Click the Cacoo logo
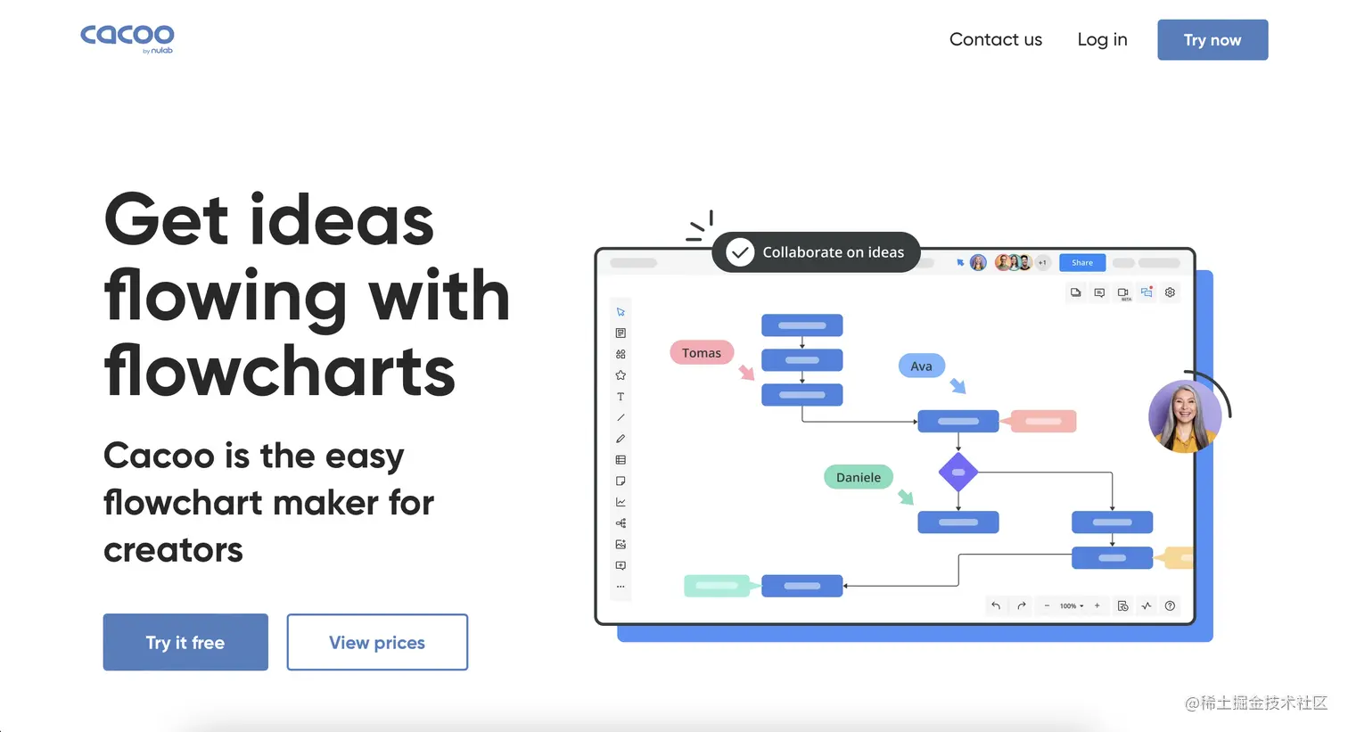(127, 39)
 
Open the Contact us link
(995, 40)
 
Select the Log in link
(1102, 40)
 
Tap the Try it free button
(185, 642)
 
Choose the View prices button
(377, 642)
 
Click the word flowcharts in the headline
(279, 370)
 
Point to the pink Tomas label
(702, 353)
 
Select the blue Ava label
(921, 366)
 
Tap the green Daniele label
(859, 477)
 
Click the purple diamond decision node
(958, 472)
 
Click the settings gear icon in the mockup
(1170, 292)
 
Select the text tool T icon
(621, 397)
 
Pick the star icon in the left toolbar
(621, 375)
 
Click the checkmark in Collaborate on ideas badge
(740, 252)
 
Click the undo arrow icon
(996, 605)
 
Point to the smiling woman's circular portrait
(1184, 416)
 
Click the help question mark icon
(1170, 605)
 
